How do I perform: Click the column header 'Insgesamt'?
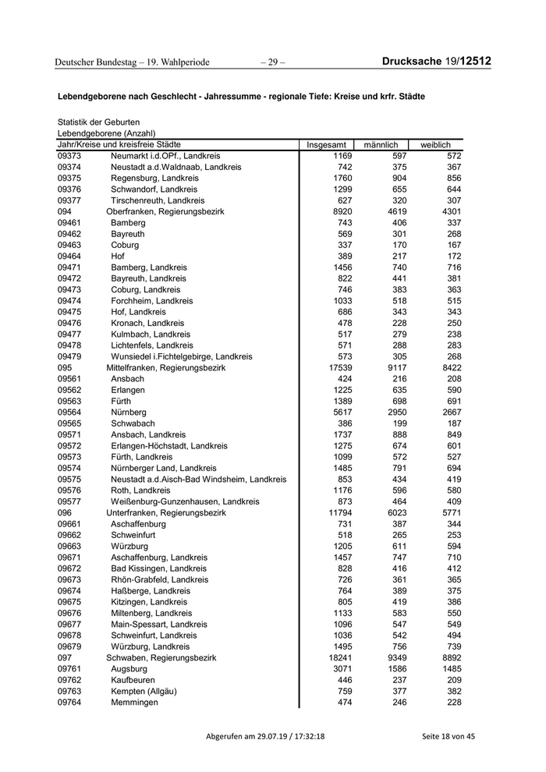326,145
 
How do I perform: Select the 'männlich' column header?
381,145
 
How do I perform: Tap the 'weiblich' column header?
435,145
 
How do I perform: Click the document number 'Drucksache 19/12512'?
437,62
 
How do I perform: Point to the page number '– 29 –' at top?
272,62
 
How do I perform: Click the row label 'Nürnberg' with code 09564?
129,412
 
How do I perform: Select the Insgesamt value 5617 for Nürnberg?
337,412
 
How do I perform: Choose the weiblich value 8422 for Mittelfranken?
446,367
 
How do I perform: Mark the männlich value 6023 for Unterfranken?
392,512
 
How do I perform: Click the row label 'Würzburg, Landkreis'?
151,646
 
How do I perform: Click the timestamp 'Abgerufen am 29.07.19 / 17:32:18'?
265,736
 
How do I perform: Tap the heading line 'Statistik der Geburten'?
98,122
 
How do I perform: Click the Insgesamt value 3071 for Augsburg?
337,669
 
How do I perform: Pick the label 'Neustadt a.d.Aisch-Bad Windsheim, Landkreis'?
199,479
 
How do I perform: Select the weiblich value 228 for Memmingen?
449,702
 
